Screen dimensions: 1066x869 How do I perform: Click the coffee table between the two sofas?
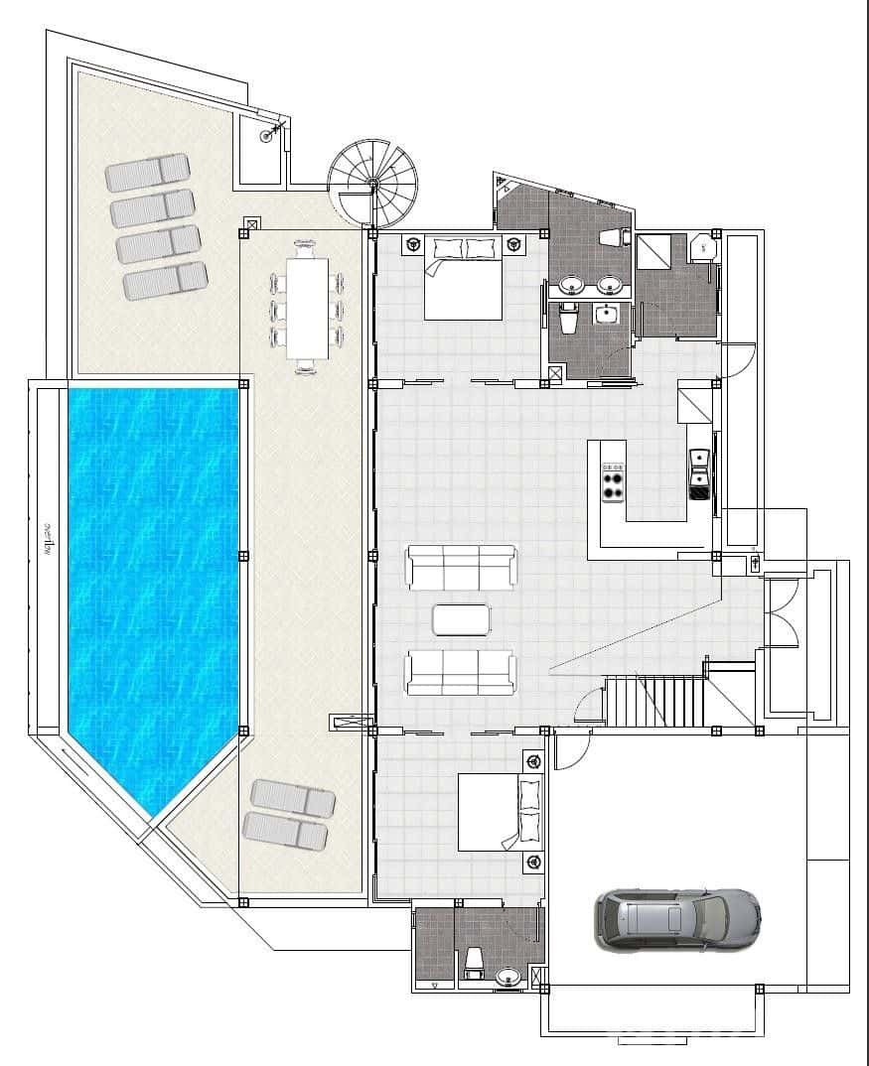462,619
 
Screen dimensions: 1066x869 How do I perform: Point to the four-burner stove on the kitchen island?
613,482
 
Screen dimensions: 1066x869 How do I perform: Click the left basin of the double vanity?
571,287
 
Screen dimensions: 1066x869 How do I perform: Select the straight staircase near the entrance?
654,701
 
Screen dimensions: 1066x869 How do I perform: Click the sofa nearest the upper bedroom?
461,567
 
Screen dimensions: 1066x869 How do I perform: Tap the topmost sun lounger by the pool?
148,172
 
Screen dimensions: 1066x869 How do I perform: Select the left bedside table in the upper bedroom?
411,243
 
